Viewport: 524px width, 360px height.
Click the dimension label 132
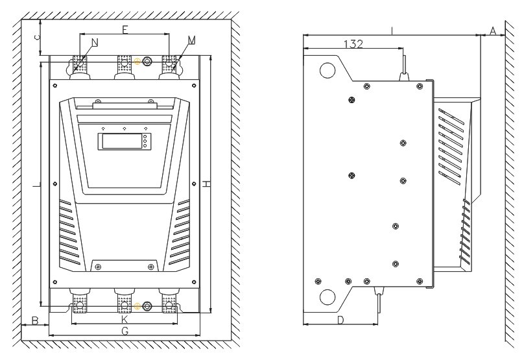(353, 44)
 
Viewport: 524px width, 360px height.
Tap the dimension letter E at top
(125, 30)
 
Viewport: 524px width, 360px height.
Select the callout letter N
(95, 42)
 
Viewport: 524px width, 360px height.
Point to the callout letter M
(191, 40)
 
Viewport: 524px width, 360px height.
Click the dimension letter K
(125, 320)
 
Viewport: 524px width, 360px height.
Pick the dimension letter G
(125, 331)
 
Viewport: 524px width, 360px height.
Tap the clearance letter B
(35, 320)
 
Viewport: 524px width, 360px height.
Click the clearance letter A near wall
(493, 30)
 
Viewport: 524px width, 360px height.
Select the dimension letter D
(340, 320)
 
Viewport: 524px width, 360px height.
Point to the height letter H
(206, 184)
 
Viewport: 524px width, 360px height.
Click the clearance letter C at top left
(38, 37)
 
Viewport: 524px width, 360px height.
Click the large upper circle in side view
(327, 71)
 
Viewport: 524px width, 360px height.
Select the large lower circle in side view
(327, 297)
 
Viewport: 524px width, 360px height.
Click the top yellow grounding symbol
(137, 61)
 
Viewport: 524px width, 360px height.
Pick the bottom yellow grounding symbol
(137, 306)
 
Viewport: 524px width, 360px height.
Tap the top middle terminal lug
(125, 64)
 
